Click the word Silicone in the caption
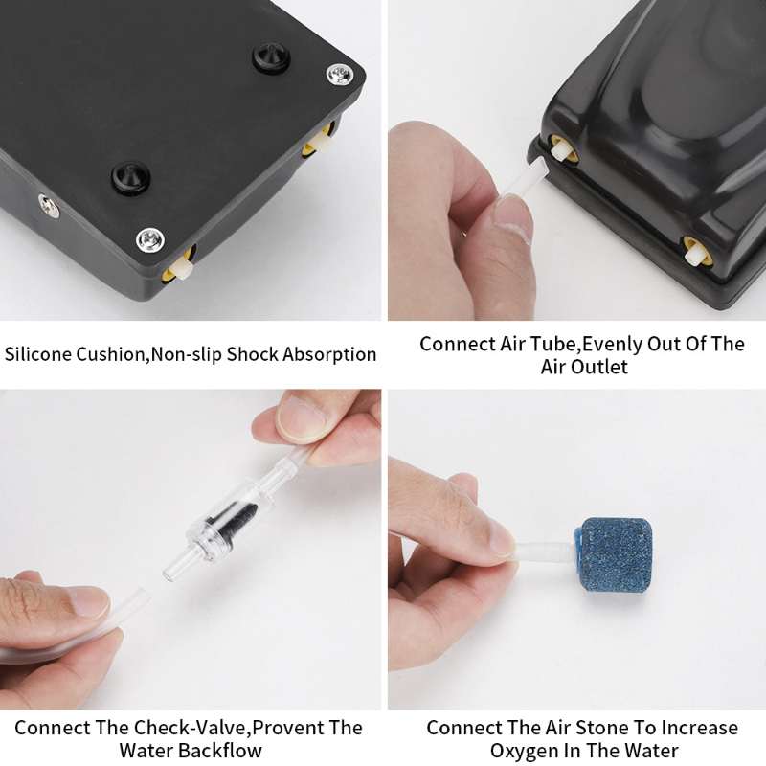pos(38,353)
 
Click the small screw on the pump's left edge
pos(50,206)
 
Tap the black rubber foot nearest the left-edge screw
pos(130,178)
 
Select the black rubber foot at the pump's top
pos(271,57)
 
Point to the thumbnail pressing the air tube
pos(512,218)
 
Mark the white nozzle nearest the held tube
pos(560,147)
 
